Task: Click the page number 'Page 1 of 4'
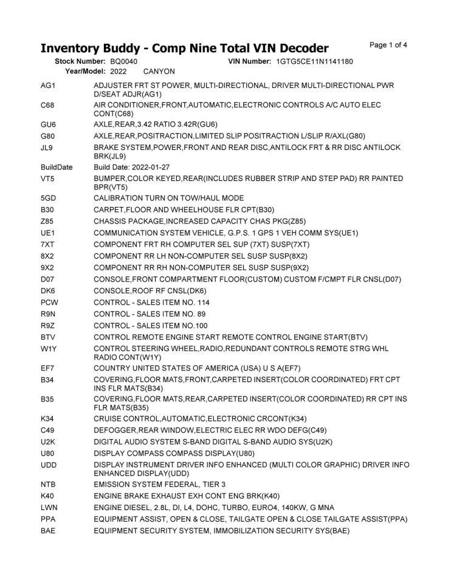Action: [x=388, y=45]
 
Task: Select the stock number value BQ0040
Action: [x=124, y=61]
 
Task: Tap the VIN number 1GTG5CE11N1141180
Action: [x=314, y=61]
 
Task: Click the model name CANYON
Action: [x=159, y=71]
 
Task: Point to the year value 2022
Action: [x=119, y=71]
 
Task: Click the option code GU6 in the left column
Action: [x=48, y=124]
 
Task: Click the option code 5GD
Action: [x=49, y=198]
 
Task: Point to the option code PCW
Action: [x=49, y=302]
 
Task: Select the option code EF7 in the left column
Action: [x=48, y=368]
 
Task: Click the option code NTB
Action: [x=49, y=484]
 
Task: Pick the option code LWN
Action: [x=49, y=507]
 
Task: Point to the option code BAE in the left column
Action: [x=48, y=531]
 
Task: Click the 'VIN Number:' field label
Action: [x=249, y=61]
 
